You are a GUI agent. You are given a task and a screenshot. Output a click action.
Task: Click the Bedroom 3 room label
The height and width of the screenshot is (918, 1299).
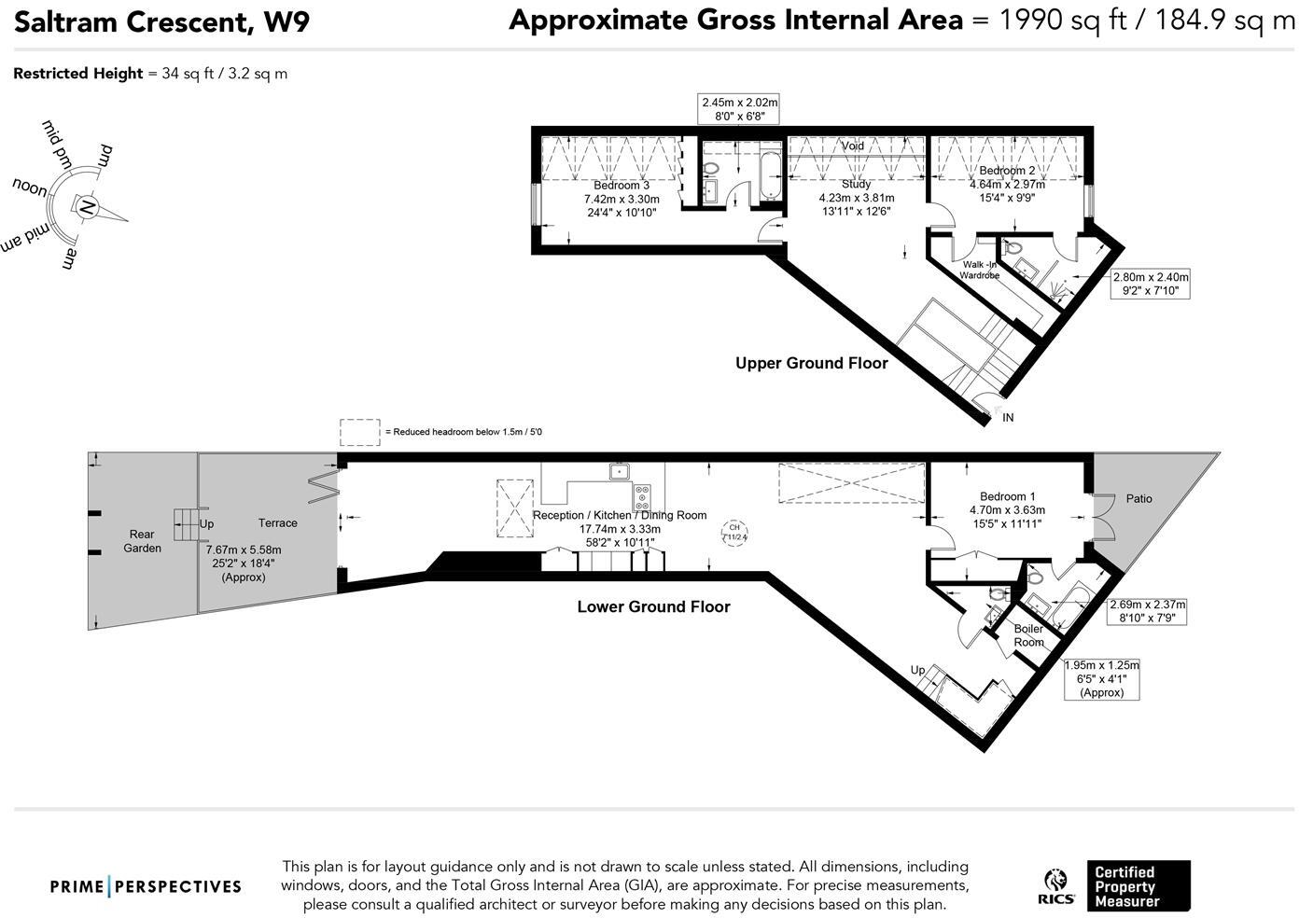click(621, 186)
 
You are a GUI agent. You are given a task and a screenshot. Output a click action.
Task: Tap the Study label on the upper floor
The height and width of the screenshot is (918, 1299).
click(856, 185)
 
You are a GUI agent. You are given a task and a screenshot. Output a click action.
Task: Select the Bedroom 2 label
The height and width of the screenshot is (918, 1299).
click(1006, 171)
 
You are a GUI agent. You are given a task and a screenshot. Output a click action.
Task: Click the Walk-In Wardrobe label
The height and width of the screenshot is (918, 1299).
click(980, 270)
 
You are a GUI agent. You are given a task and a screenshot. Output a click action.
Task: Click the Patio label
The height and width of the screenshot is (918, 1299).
click(1138, 498)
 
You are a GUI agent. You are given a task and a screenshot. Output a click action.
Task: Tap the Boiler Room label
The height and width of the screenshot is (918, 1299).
click(1028, 635)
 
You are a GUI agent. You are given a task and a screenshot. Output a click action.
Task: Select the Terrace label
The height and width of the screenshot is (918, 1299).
click(277, 522)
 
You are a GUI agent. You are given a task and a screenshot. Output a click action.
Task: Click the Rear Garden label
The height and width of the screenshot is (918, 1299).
click(142, 541)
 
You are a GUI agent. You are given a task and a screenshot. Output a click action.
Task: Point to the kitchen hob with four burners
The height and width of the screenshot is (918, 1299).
click(643, 494)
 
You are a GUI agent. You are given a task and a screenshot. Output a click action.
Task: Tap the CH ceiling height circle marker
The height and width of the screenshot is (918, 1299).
click(734, 533)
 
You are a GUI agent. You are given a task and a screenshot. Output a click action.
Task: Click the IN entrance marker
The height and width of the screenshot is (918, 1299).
click(1008, 418)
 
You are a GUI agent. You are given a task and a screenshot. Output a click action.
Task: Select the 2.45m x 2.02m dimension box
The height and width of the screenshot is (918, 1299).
click(739, 109)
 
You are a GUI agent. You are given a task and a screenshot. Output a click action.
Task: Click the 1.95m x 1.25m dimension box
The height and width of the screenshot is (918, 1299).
click(1101, 678)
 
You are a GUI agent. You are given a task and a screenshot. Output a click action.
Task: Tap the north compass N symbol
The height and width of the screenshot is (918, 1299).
click(85, 207)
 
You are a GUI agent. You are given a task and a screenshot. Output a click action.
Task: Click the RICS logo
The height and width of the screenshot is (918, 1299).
click(1058, 886)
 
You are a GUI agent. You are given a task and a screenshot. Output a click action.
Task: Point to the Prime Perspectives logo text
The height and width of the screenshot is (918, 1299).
click(146, 886)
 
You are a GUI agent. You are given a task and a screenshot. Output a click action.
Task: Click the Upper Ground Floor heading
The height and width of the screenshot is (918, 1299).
click(811, 363)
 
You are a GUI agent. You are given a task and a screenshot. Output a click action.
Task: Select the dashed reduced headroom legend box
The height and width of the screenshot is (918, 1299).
click(359, 432)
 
